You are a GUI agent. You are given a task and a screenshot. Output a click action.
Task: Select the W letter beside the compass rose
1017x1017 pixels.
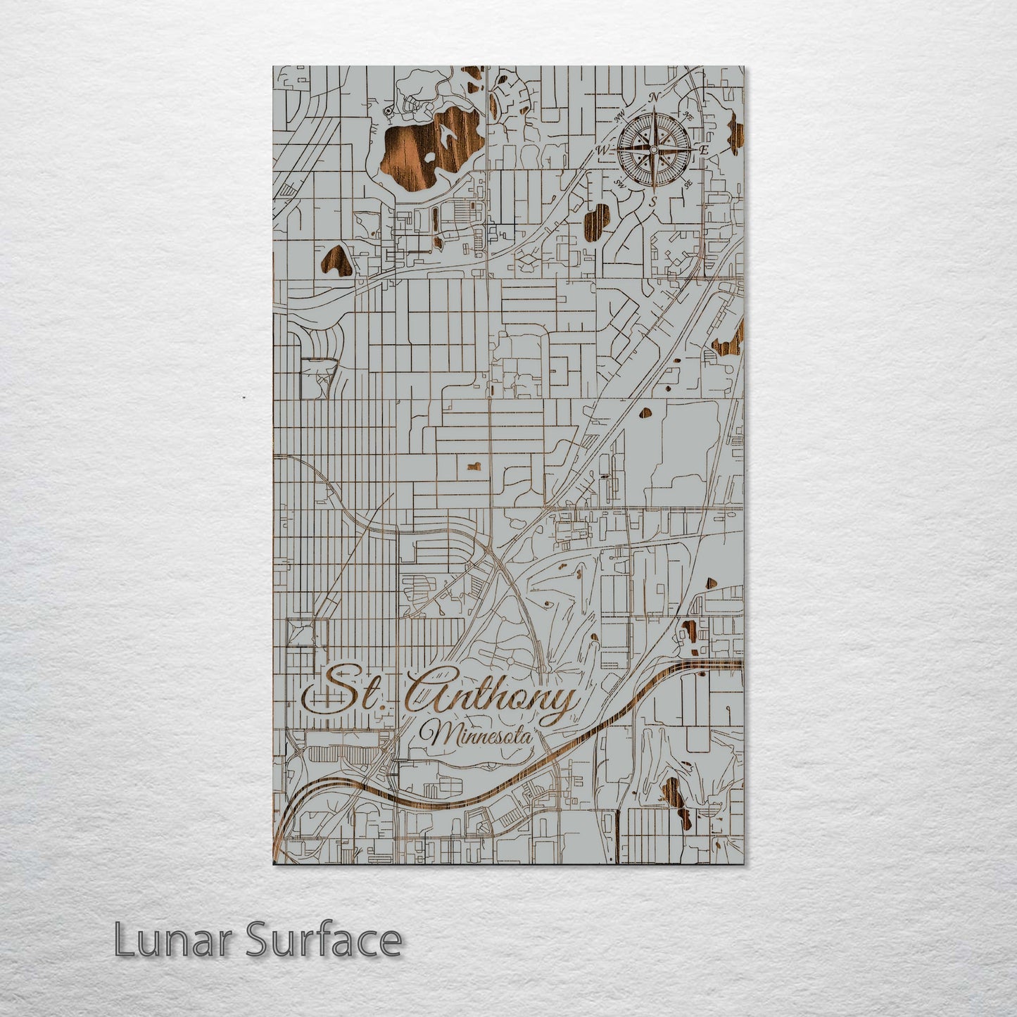click(x=603, y=150)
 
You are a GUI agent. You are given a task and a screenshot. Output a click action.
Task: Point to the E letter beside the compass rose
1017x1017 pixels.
click(x=703, y=149)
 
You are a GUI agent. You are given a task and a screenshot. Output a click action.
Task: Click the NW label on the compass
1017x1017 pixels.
click(x=620, y=117)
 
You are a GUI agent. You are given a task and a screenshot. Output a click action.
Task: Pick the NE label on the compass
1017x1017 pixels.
click(x=688, y=115)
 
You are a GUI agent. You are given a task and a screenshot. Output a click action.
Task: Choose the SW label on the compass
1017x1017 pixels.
click(x=620, y=183)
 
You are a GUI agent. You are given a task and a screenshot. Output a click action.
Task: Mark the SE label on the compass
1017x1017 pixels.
click(x=688, y=182)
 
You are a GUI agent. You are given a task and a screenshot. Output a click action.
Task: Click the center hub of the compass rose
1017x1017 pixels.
click(x=654, y=149)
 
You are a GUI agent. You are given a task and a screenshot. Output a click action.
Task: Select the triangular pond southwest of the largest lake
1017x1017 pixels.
click(x=335, y=260)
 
